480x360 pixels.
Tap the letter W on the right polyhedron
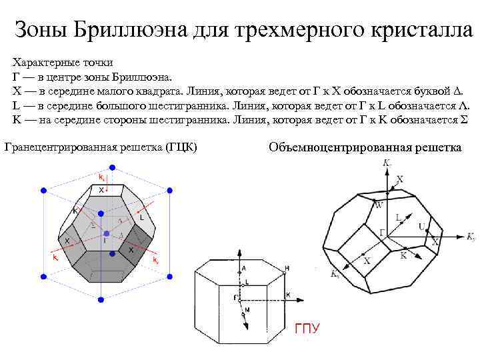click(379, 205)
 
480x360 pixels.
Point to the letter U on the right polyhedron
click(421, 227)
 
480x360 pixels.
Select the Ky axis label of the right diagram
click(471, 237)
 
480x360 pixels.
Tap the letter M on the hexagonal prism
click(247, 310)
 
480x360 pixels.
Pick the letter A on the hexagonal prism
click(244, 268)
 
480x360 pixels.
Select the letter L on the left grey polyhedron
click(141, 218)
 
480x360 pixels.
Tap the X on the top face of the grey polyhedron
click(101, 191)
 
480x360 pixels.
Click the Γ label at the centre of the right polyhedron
click(382, 231)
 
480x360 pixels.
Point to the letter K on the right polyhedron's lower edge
click(403, 255)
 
